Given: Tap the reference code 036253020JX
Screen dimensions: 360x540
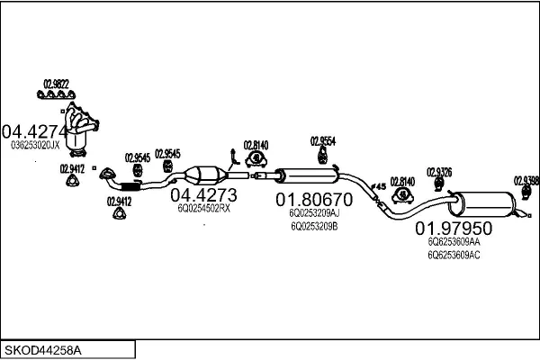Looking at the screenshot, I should pos(35,144).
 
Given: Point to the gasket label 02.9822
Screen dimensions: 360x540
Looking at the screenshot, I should pos(56,83).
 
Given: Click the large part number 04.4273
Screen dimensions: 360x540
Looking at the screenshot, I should pos(203,194).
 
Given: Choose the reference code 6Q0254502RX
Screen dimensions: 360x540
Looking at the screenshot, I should pos(203,208).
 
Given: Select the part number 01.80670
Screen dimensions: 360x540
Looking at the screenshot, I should pos(314,199).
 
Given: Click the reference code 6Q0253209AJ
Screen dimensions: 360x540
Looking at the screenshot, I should pos(314,213).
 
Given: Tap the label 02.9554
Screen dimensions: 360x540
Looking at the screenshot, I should pos(323,140).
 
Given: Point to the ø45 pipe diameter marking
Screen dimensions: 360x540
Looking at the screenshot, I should pos(378,186).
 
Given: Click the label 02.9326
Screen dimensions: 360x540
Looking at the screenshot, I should pos(439,171).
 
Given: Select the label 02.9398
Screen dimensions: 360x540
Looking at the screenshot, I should pos(526,179).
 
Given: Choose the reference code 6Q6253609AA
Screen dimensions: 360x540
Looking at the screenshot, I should pos(454,243).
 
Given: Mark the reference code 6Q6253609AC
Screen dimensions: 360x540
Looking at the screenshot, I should pos(454,256).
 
